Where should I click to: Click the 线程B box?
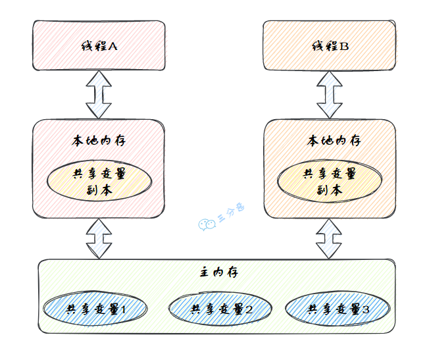click(x=330, y=45)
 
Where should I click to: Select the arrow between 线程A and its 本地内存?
click(x=99, y=93)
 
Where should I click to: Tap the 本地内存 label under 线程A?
click(x=99, y=140)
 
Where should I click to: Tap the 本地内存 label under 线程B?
click(x=330, y=140)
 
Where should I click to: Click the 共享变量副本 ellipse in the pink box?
click(x=99, y=181)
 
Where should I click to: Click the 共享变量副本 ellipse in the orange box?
click(x=329, y=181)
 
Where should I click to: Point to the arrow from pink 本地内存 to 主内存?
click(x=99, y=238)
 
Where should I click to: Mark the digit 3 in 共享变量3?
click(x=365, y=309)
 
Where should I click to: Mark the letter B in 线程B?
click(x=344, y=47)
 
